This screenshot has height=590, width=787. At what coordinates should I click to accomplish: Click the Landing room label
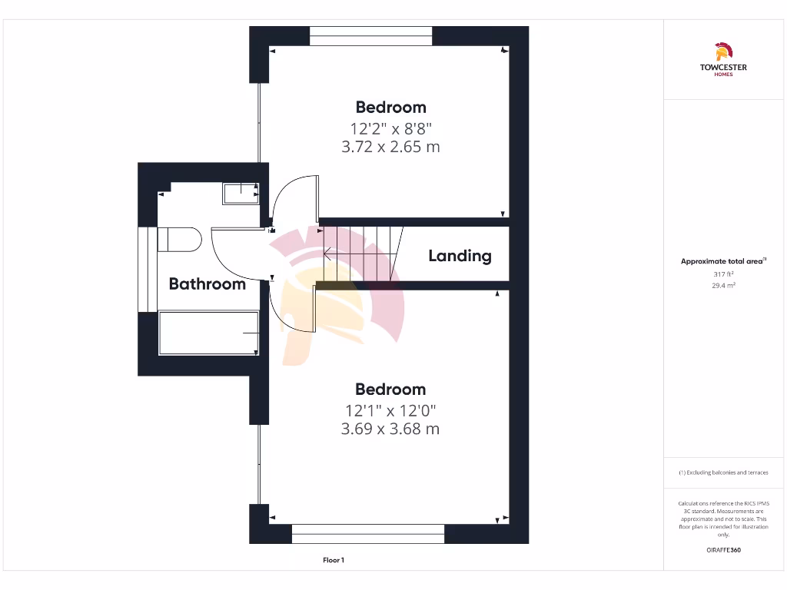coord(460,256)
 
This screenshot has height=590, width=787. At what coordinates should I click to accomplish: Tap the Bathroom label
coord(207,284)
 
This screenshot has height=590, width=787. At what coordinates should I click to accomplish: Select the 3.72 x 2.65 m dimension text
coord(390,147)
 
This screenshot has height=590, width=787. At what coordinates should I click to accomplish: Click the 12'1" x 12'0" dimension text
coord(390,411)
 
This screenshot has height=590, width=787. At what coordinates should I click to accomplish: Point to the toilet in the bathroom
coord(179,239)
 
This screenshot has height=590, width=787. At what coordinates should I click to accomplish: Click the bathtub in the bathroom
coord(208,333)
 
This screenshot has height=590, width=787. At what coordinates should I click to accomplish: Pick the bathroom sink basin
coord(241,193)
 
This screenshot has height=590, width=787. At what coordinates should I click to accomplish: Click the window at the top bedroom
coord(371,36)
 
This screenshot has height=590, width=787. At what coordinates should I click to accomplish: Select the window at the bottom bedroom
coord(368,534)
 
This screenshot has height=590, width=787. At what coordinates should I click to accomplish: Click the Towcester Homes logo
coord(722,60)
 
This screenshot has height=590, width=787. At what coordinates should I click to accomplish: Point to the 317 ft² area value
coord(723,273)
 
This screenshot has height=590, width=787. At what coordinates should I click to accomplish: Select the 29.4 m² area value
coord(723,285)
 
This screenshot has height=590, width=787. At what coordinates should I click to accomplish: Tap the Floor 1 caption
coord(334,560)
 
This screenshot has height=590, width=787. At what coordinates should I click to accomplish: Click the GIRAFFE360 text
coord(723,550)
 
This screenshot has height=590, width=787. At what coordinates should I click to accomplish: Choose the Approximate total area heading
coord(722,261)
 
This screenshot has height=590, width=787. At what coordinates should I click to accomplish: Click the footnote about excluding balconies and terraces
coord(723,472)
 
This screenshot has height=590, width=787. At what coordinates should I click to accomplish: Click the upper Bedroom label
coord(390,108)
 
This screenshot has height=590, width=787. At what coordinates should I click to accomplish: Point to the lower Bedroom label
coord(390,389)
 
